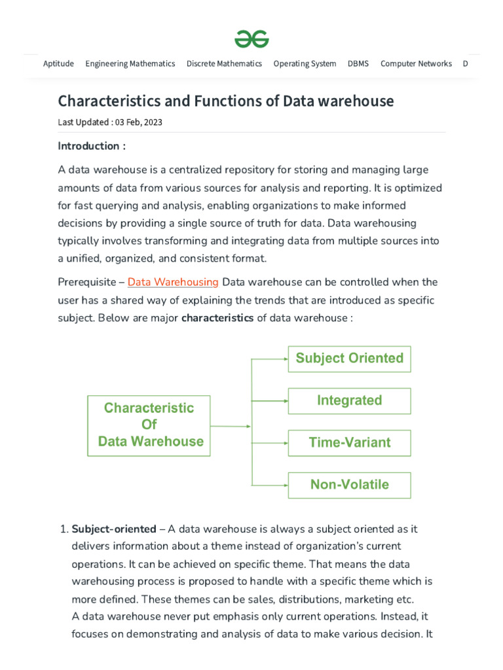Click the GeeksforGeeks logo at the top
coord(251,39)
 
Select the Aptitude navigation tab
coord(58,63)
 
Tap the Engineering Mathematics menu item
coord(130,63)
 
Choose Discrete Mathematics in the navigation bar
coord(224,63)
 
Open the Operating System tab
coord(305,63)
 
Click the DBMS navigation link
coord(358,63)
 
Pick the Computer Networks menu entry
coord(416,63)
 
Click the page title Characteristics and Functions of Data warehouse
coord(226,101)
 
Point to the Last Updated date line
coord(110,122)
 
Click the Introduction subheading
coord(91,146)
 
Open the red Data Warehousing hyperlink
coord(173,282)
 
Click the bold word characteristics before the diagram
coord(217,319)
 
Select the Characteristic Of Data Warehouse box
coord(149,425)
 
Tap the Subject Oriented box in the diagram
coord(349,359)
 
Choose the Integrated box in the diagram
coord(349,400)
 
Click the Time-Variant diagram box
coord(349,443)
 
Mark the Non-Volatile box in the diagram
coord(349,485)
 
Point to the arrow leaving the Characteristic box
coord(231,426)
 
